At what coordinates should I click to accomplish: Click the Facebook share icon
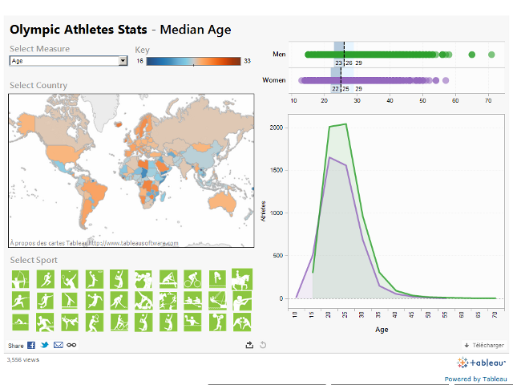31,345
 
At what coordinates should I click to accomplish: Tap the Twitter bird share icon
45,345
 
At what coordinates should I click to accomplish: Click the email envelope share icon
58,345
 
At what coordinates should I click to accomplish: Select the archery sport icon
20,280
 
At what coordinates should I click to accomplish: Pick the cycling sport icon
193,280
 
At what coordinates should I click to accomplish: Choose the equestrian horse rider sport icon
242,280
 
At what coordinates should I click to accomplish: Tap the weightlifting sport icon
217,322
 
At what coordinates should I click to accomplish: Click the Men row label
279,55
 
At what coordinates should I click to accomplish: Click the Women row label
274,80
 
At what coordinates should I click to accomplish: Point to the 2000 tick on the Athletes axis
276,128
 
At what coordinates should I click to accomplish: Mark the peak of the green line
345,124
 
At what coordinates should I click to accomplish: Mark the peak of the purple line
329,157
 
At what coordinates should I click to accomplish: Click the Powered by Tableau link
475,379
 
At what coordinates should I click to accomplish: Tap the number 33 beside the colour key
247,61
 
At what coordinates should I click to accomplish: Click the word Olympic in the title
37,30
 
